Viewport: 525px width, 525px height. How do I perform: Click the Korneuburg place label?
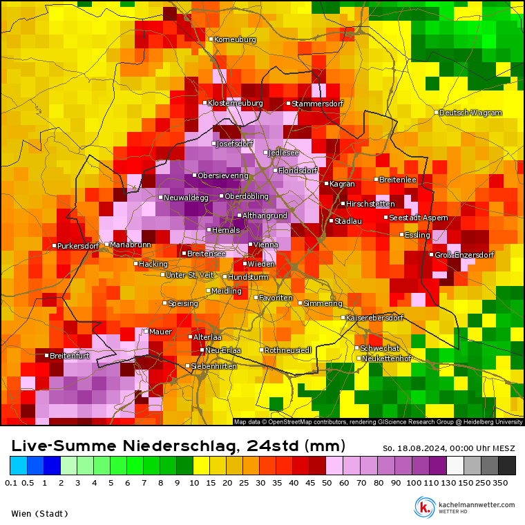pos(235,39)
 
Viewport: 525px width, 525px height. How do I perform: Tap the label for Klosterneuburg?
pos(235,103)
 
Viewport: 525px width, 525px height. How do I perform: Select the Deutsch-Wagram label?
pos(470,113)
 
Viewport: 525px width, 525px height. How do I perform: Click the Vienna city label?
pos(266,245)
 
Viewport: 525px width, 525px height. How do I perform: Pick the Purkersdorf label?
pos(78,246)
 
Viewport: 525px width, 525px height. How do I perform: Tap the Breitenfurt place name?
pos(70,356)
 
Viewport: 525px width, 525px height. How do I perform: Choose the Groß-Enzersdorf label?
pos(464,255)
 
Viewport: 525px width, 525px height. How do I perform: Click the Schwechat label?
pos(380,348)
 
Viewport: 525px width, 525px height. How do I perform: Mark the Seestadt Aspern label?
pos(419,218)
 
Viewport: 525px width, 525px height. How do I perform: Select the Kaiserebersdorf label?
pos(374,318)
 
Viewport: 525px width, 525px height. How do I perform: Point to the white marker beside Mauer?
pos(146,332)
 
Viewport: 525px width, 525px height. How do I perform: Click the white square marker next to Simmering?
pos(300,303)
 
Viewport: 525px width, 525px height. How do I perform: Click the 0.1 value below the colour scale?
pos(10,482)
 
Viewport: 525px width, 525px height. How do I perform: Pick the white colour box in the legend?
pos(455,466)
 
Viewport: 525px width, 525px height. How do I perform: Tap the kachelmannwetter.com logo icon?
pos(424,507)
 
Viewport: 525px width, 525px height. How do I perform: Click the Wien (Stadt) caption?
pos(39,513)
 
